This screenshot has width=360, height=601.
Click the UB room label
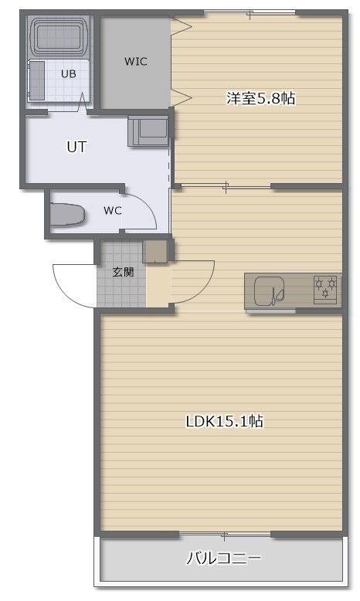(x=68, y=73)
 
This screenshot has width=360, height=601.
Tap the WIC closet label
(x=136, y=61)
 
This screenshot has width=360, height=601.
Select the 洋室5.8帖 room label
(x=260, y=99)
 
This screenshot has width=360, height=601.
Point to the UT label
(x=76, y=147)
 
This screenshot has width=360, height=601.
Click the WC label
(x=112, y=210)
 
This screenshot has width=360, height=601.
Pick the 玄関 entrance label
(x=123, y=272)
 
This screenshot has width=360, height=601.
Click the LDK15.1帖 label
(x=225, y=421)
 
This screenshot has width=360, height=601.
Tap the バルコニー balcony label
(x=224, y=558)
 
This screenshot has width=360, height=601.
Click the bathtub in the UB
(x=59, y=36)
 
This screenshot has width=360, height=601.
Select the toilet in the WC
(x=67, y=214)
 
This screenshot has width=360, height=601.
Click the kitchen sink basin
(x=269, y=291)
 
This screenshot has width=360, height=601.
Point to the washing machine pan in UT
(x=148, y=131)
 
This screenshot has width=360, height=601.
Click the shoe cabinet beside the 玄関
(x=155, y=251)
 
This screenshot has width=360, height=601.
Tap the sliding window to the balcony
(x=225, y=534)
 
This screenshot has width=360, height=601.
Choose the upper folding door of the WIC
(x=181, y=27)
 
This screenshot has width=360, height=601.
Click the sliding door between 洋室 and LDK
(x=226, y=187)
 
